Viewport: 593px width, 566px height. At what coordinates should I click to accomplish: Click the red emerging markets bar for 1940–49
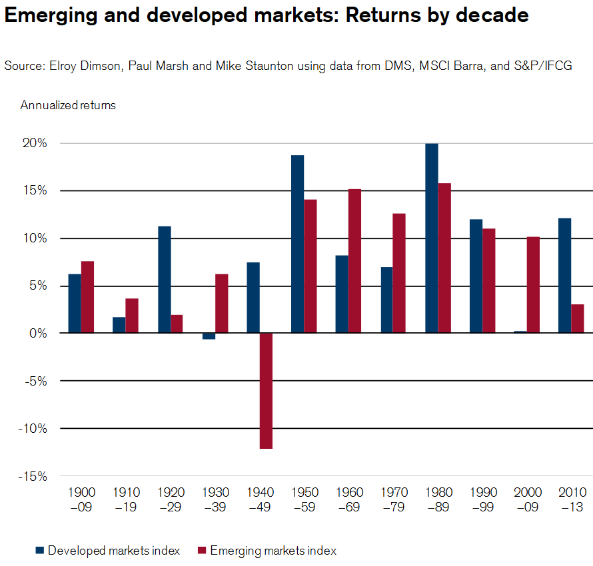[266, 390]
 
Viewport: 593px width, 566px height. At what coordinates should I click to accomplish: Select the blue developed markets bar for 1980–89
[431, 238]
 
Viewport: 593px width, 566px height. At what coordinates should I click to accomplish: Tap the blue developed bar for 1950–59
[297, 244]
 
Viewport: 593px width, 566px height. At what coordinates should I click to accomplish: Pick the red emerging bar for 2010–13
[577, 318]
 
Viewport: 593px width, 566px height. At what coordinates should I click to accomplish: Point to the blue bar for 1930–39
[209, 336]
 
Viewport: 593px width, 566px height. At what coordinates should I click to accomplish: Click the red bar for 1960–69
[354, 261]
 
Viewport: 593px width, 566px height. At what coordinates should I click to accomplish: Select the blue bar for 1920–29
[164, 280]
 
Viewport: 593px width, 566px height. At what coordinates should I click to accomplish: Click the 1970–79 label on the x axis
[393, 499]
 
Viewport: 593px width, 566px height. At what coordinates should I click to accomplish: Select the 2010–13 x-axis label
[572, 499]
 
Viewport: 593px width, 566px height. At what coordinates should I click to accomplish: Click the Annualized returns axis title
[68, 105]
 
